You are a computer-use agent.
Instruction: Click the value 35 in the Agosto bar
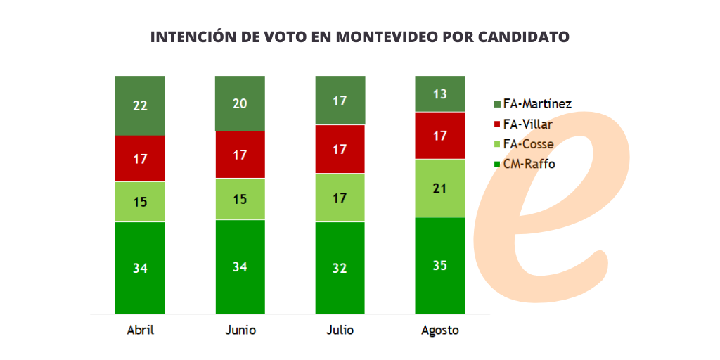tap(439, 266)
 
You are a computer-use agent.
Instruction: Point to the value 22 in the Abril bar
tap(140, 106)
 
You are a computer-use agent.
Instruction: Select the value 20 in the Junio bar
tap(240, 103)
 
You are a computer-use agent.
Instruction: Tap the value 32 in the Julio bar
tap(340, 268)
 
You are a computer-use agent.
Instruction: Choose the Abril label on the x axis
tap(140, 330)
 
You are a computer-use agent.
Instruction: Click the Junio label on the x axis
tap(240, 330)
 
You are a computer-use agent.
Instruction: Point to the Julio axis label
tap(340, 330)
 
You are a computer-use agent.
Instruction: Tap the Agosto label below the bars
tap(439, 330)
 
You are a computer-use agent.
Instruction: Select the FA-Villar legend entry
tap(527, 124)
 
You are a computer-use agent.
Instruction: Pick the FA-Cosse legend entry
tap(528, 144)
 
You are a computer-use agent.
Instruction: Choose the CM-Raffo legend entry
tap(529, 165)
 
